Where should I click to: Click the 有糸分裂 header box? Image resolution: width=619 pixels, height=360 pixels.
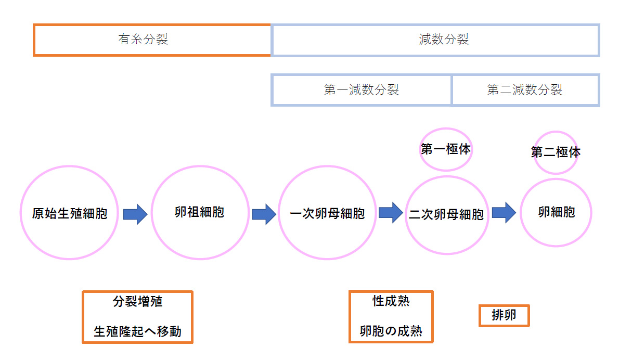152,40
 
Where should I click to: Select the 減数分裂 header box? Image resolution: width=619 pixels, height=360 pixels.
435,40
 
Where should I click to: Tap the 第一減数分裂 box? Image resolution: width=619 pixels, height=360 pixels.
361,90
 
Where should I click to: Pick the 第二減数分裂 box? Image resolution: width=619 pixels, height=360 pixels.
525,90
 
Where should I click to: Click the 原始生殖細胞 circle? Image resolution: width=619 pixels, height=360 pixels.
69,213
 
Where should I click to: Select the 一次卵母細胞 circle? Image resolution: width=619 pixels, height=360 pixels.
327,213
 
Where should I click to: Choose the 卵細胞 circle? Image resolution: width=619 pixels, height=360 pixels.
556,212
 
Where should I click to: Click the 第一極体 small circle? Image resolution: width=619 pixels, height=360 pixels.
446,149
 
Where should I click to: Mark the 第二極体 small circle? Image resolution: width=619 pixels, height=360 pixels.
556,152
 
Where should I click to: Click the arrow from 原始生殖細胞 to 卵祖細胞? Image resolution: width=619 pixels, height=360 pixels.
135,213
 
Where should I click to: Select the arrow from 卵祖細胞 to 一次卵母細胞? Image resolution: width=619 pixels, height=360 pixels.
264,214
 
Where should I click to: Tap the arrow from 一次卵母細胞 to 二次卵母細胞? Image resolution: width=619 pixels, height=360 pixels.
390,212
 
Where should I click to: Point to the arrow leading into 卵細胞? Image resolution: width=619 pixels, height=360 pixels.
504,212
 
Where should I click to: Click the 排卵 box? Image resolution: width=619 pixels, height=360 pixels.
504,315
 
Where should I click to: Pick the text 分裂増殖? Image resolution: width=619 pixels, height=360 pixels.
137,302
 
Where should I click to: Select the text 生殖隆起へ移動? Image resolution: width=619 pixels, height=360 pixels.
137,331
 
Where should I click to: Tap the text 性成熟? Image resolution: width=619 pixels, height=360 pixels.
391,301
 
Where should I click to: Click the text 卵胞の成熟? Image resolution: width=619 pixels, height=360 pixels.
391,331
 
